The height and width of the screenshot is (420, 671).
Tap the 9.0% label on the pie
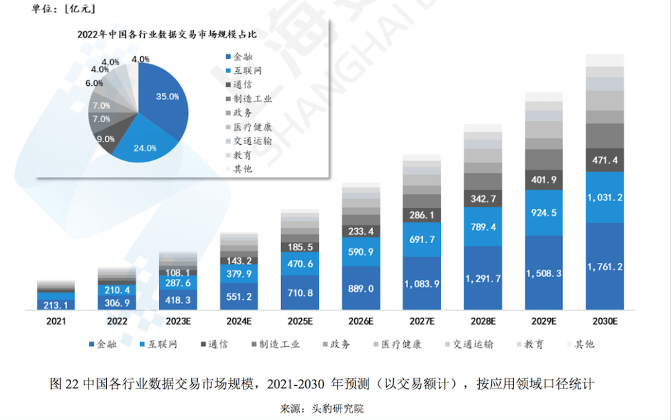[x=105, y=139]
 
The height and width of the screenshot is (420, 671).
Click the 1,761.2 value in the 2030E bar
[x=605, y=266]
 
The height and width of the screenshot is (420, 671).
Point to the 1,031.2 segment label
[x=605, y=197]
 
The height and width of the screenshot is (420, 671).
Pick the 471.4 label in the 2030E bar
[x=605, y=160]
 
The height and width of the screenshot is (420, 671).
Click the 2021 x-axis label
[x=56, y=321]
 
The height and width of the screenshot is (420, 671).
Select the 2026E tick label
[x=361, y=321]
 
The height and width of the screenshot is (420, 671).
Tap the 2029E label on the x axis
[x=544, y=321]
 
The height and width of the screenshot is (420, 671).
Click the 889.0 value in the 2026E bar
[x=361, y=288]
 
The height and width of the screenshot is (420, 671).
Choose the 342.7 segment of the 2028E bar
[x=482, y=199]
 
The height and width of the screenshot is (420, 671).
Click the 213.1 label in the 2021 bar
[x=56, y=305]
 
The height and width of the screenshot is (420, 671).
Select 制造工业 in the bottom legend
[x=275, y=344]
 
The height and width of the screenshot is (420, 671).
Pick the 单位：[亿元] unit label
[x=60, y=9]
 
